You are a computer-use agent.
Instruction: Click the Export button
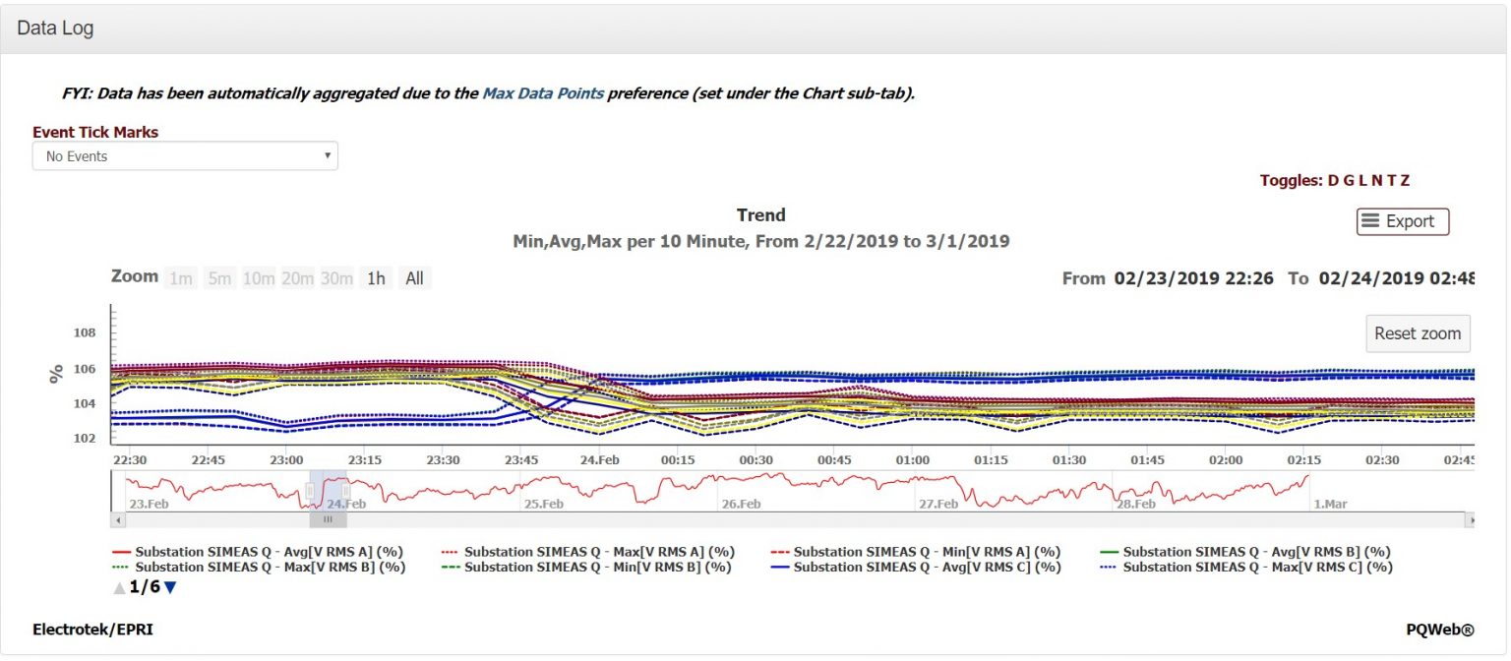[x=1402, y=221]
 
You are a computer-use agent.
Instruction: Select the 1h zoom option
[x=376, y=278]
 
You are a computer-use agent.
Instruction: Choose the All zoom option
[x=414, y=278]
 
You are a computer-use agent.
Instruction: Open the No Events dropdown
[x=185, y=156]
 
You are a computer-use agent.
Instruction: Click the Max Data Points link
[x=542, y=93]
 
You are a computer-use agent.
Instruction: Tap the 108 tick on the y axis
[x=85, y=333]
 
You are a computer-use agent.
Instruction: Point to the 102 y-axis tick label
[x=85, y=439]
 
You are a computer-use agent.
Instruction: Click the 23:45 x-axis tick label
[x=520, y=460]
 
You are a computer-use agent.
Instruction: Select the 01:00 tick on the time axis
[x=912, y=460]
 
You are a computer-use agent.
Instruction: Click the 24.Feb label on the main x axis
[x=599, y=460]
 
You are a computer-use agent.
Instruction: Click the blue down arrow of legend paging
[x=170, y=587]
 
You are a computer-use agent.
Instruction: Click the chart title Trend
[x=760, y=215]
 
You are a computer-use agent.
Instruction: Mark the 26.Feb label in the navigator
[x=741, y=504]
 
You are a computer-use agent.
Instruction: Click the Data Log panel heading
[x=55, y=29]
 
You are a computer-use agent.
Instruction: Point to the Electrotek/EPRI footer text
[x=92, y=630]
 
